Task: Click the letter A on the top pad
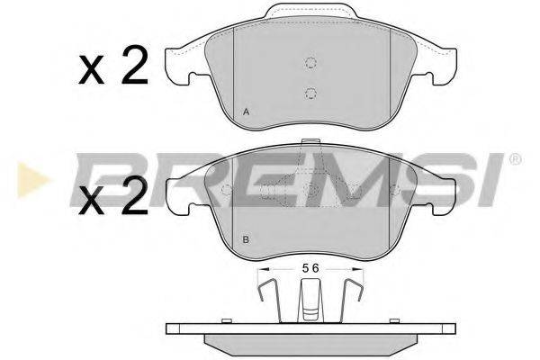click(246, 112)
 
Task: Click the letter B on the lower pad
click(246, 239)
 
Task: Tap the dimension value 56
click(310, 268)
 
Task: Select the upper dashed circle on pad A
click(310, 62)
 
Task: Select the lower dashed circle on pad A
click(310, 93)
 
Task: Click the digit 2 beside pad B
click(134, 195)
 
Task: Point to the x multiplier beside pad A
click(91, 71)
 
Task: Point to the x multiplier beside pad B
click(91, 201)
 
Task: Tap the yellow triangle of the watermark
click(31, 180)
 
